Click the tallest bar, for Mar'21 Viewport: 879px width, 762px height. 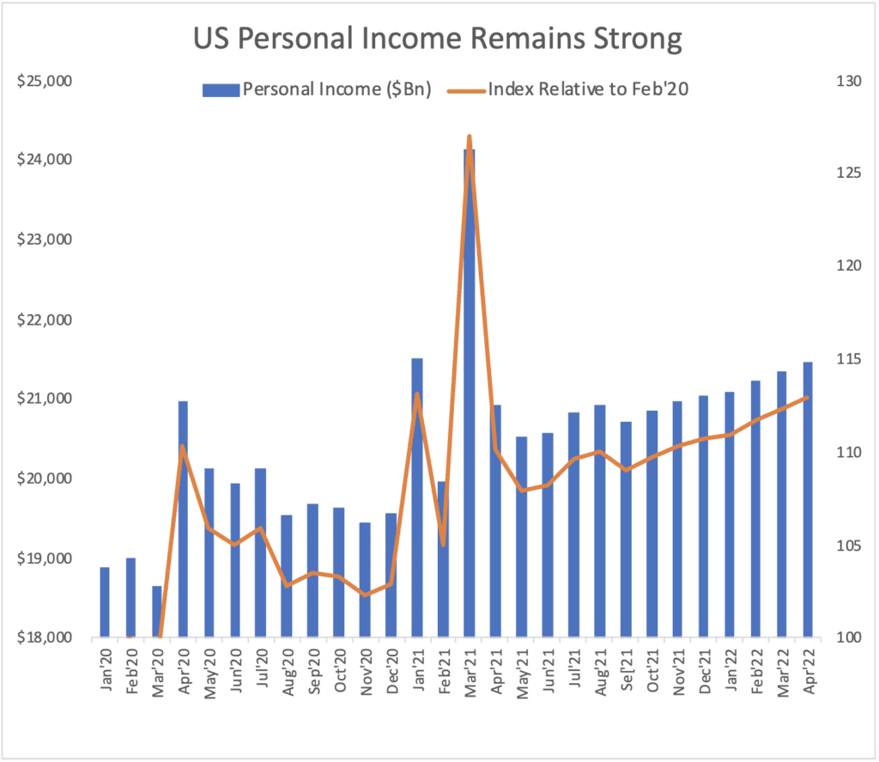[x=470, y=395]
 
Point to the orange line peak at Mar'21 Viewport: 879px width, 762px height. [x=470, y=137]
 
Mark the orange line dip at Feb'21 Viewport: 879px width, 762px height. [x=443, y=544]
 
